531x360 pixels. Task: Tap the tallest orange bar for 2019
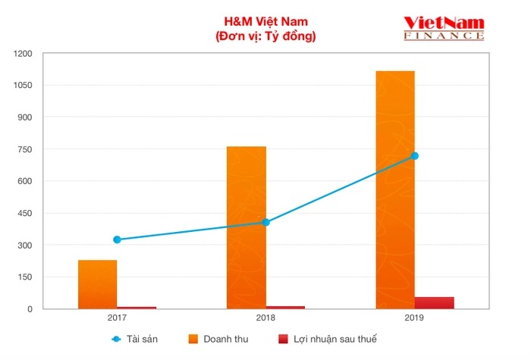point(395,189)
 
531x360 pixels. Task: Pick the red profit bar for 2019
point(434,302)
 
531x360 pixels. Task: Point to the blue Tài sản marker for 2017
point(117,239)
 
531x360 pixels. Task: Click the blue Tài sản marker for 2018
point(265,222)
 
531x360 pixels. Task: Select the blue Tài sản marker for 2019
point(414,156)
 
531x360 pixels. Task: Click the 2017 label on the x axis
point(117,318)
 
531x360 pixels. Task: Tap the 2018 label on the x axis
point(265,318)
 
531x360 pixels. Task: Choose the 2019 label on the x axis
point(414,318)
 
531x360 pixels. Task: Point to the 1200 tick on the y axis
point(22,53)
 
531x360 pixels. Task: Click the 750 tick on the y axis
point(25,149)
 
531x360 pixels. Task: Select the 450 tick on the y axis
point(25,213)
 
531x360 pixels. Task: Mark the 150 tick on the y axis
point(25,277)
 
